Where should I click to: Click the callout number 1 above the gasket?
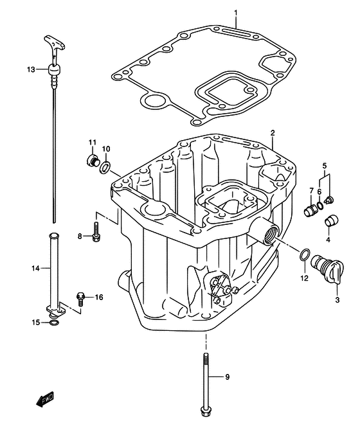tap(236, 12)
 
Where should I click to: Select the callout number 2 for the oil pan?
tap(273, 132)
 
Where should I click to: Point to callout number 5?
tap(325, 165)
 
